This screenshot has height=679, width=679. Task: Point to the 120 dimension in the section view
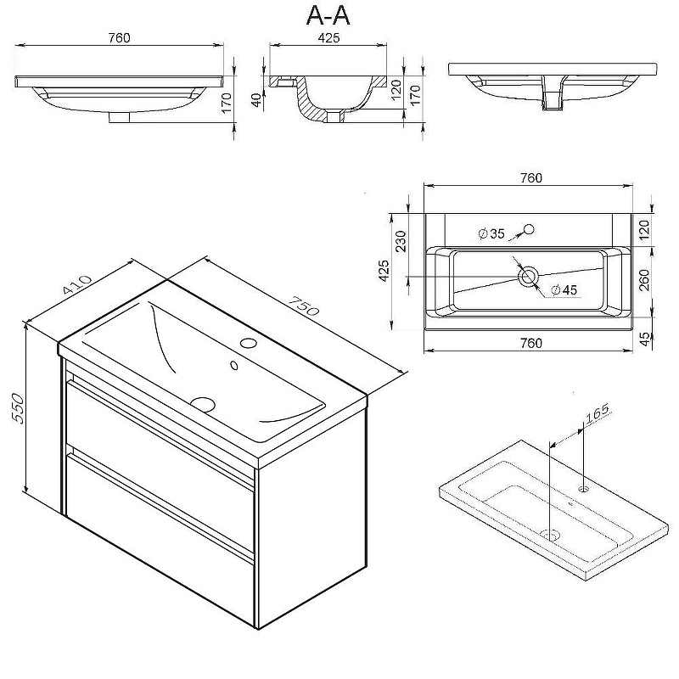[x=393, y=87]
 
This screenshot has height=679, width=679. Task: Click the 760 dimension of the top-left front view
[x=119, y=37]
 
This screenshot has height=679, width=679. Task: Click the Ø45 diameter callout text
[x=564, y=289]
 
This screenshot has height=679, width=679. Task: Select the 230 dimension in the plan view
[x=401, y=241]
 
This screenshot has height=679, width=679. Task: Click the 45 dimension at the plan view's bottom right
[x=643, y=338]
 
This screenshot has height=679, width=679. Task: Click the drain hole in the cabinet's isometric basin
[x=204, y=404]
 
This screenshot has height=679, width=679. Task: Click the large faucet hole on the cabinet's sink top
[x=248, y=343]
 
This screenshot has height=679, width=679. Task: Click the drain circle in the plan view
[x=528, y=275]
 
